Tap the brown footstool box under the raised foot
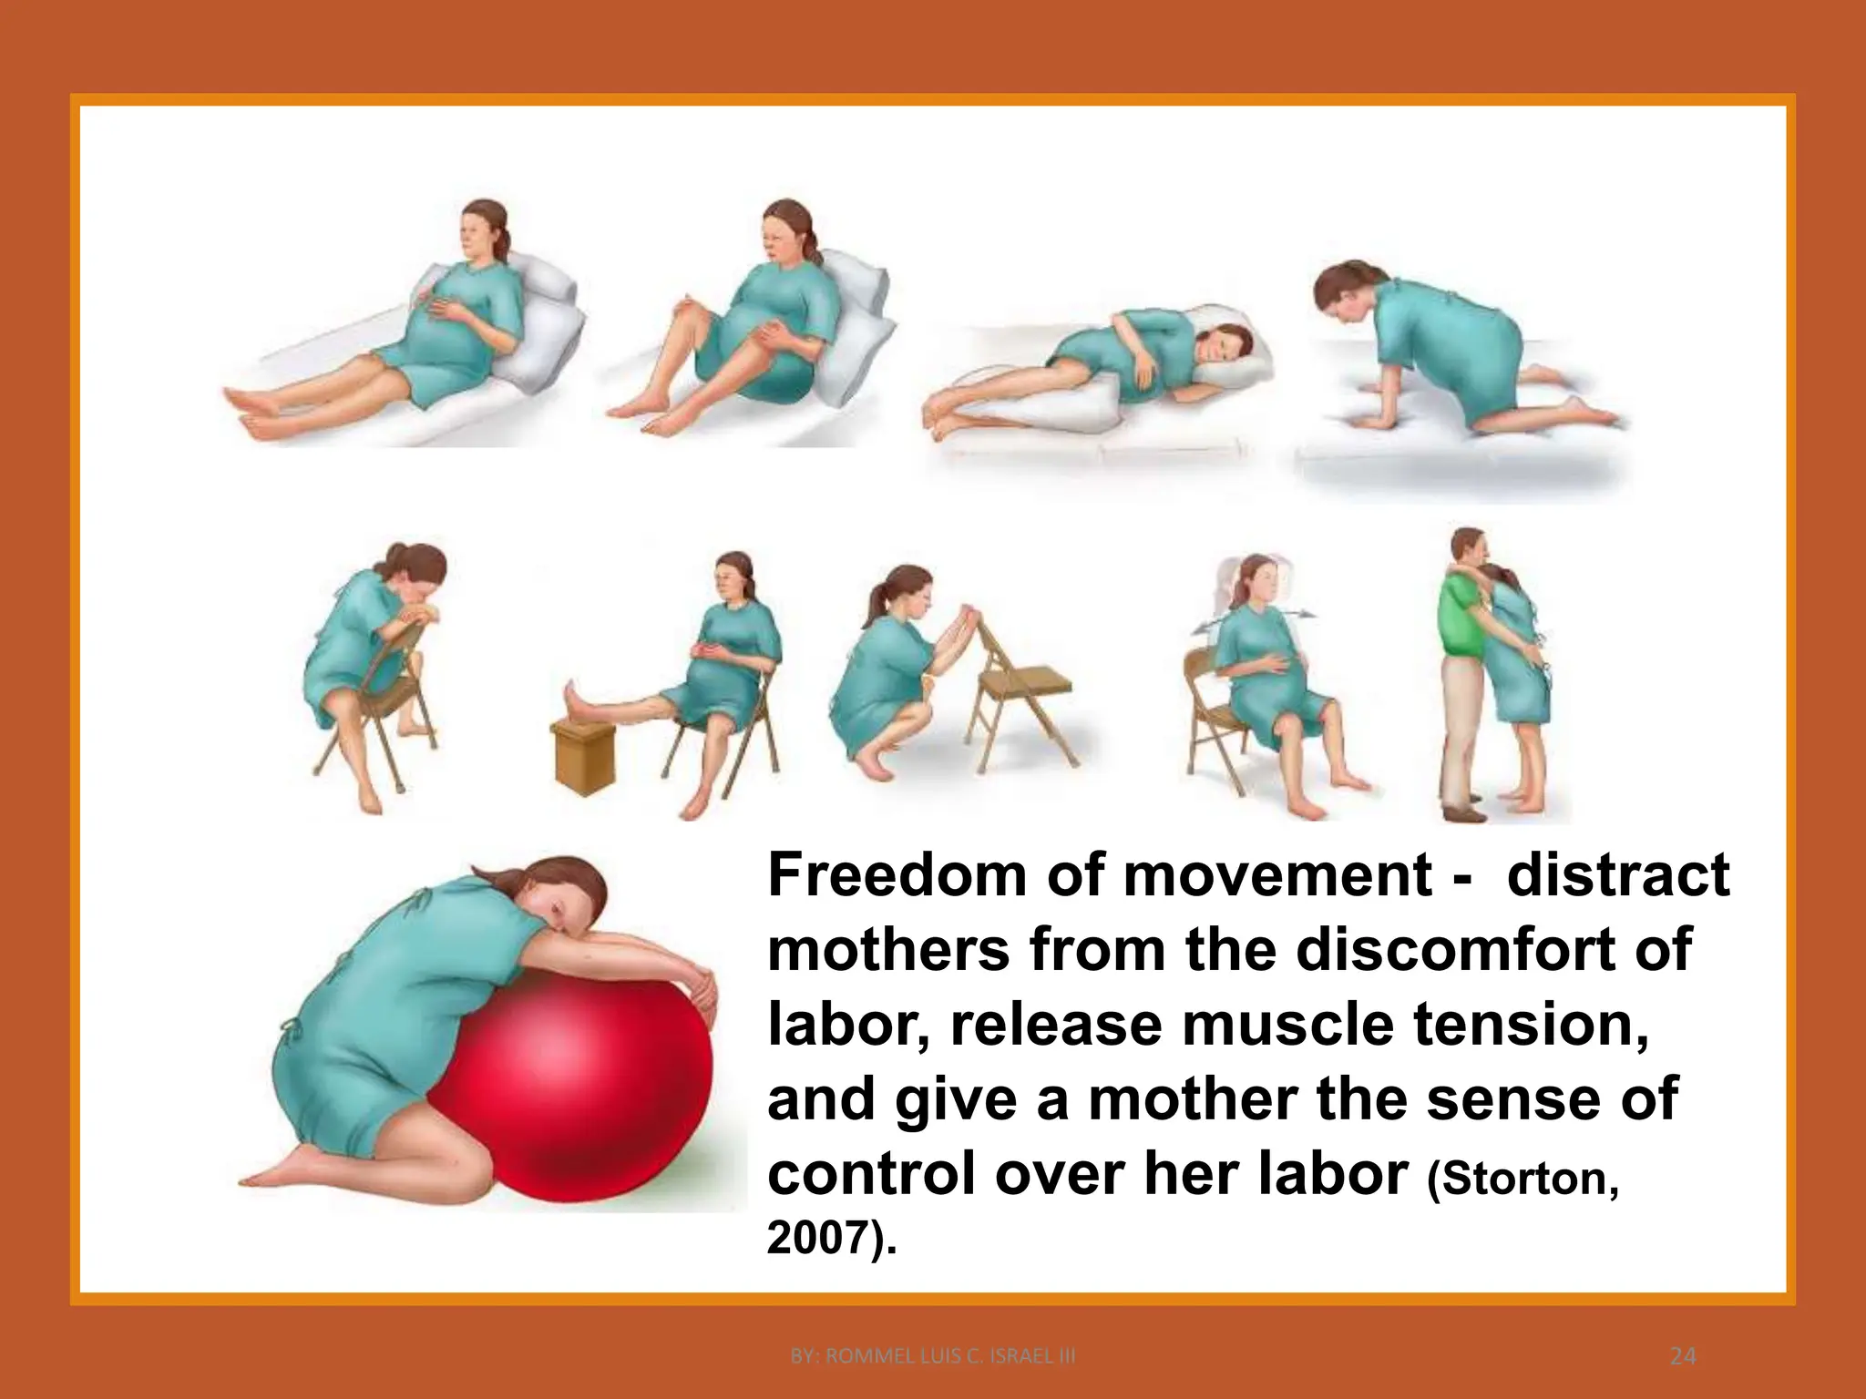coord(583,761)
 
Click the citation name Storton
coord(1522,1179)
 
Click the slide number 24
coord(1683,1356)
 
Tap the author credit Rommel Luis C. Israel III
coord(933,1356)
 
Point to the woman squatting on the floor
coord(879,674)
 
